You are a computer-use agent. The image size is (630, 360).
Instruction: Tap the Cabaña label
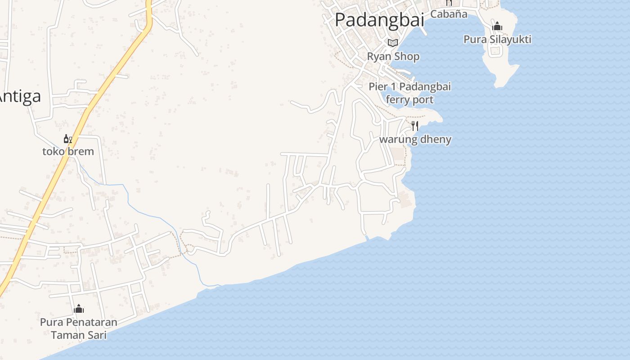coord(449,14)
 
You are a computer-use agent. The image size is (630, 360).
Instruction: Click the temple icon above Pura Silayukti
coord(497,27)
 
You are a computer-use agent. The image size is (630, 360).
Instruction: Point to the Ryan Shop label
coord(393,57)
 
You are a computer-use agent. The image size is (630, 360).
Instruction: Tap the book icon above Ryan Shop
coord(393,43)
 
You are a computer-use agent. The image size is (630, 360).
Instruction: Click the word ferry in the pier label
coord(397,99)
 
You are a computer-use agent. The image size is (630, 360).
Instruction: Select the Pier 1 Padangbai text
coord(409,87)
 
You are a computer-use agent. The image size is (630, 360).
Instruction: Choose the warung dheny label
coord(415,139)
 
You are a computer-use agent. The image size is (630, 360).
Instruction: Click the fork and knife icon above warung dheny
coord(415,126)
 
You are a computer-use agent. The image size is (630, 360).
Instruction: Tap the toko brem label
coord(68,152)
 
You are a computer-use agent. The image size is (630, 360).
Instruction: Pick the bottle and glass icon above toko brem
coord(68,139)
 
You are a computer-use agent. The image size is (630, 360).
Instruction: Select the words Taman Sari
coord(79,335)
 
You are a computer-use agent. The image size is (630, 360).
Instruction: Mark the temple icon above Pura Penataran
coord(79,309)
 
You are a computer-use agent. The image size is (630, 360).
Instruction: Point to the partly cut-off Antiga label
coord(20,96)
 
